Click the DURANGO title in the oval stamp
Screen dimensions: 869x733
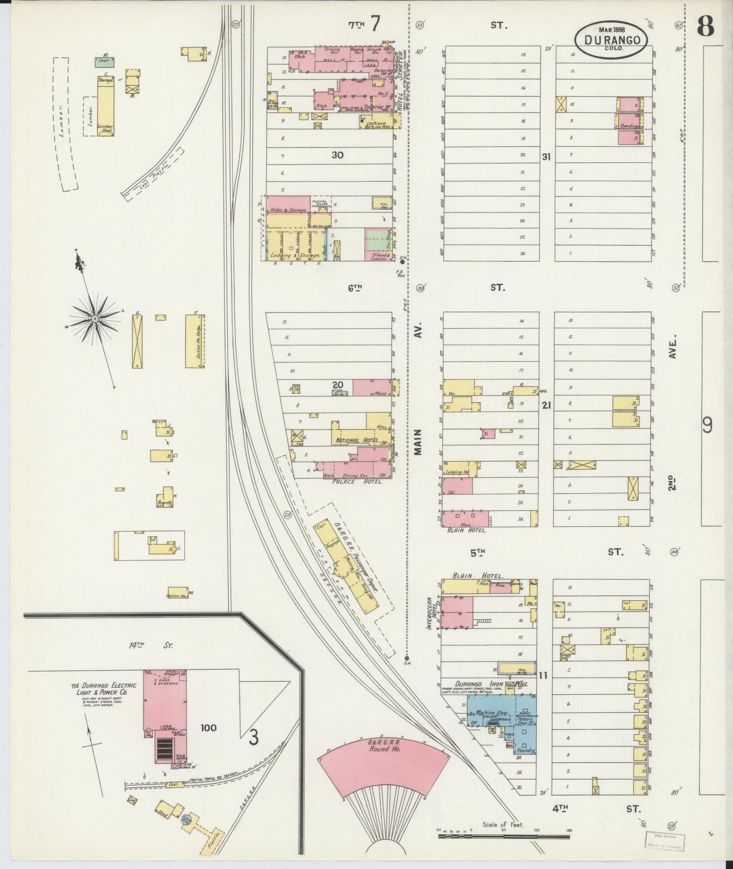pos(611,40)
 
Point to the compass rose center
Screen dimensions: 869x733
pos(94,318)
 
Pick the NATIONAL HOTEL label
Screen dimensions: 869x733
pos(355,441)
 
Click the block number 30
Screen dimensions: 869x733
pos(337,155)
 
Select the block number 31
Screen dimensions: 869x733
pos(546,157)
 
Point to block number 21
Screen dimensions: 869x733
pos(546,405)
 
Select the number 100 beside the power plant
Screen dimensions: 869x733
pos(208,728)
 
